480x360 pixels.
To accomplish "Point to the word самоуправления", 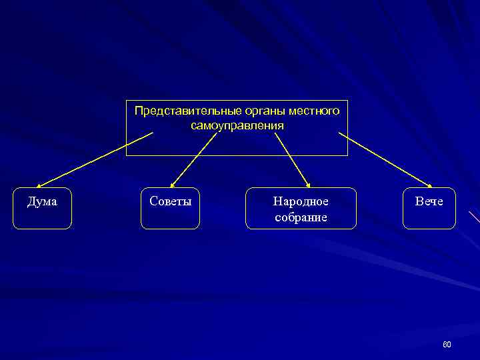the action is (x=237, y=125).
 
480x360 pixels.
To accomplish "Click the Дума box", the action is (x=42, y=209).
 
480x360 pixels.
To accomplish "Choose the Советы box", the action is (x=170, y=209).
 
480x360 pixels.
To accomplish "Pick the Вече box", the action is (x=429, y=209).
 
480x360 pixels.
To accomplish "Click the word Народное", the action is (x=301, y=201).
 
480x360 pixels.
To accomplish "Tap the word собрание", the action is (x=301, y=217).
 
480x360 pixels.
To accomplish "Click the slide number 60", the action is (x=447, y=344).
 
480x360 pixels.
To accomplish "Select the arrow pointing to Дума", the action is (x=93, y=160).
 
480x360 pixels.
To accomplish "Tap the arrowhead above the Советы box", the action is (x=173, y=185).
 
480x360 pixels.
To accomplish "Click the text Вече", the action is (x=429, y=201).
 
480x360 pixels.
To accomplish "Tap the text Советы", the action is (x=170, y=201).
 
